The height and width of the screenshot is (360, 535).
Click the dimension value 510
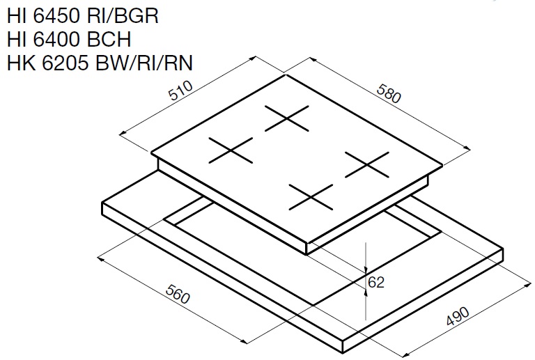tap(181, 91)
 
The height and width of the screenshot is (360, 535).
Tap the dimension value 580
tap(389, 93)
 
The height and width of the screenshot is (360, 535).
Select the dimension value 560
tap(178, 294)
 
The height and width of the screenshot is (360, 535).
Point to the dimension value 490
tap(458, 316)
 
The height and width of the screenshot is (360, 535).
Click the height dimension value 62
tap(376, 282)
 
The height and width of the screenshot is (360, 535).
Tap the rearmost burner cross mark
tap(287, 118)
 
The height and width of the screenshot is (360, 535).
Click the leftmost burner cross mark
tap(231, 150)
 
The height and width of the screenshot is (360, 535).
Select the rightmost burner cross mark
tap(367, 164)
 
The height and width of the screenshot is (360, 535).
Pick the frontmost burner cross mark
tap(311, 197)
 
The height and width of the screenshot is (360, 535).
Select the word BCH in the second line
tap(109, 39)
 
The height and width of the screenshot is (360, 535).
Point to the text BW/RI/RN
tap(144, 63)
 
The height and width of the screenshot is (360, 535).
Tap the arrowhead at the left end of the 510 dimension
tap(123, 134)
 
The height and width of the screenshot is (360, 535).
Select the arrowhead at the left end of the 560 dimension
tap(101, 259)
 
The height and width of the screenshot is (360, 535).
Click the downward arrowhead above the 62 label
tap(366, 269)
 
